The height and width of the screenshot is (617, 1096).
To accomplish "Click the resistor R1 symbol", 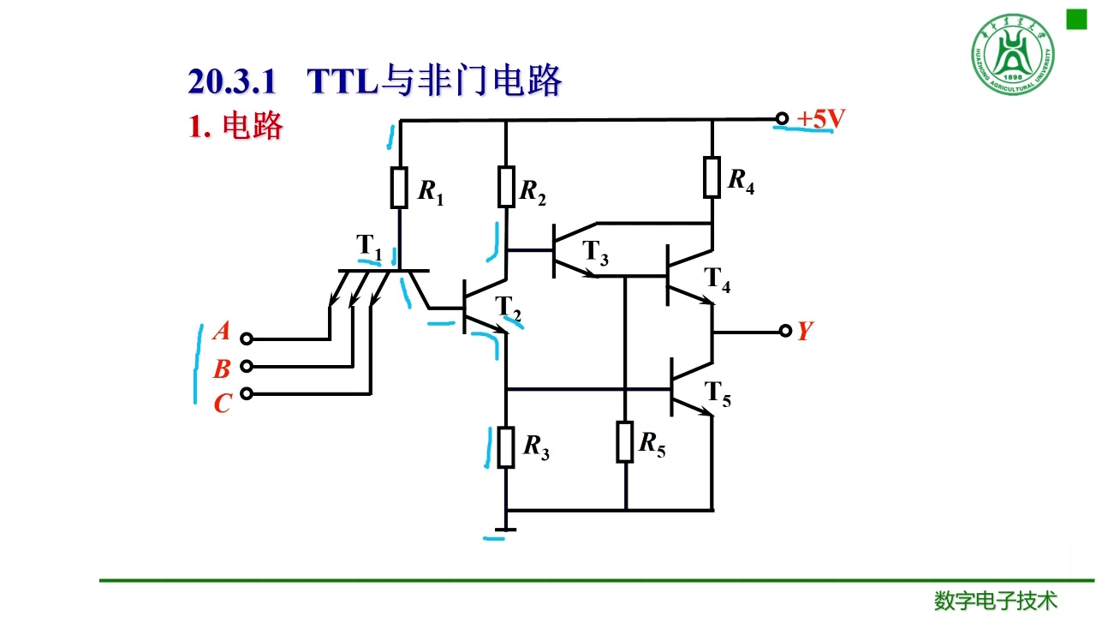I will coord(400,188).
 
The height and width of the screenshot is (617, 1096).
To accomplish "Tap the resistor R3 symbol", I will coord(506,446).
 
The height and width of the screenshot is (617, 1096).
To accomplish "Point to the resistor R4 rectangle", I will coord(712,177).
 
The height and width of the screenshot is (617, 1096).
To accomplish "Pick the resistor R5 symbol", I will coord(625,441).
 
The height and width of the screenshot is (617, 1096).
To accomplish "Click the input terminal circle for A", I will coord(247,338).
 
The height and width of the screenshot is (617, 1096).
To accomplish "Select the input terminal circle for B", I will coord(247,366).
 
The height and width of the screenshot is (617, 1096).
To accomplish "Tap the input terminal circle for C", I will coord(247,393).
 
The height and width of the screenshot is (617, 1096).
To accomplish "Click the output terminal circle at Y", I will coord(785,332).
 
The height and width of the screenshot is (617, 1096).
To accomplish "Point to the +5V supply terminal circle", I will coord(781,119).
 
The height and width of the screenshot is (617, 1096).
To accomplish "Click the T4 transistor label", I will coord(718,279).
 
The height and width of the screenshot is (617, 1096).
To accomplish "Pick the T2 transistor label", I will coord(509,307).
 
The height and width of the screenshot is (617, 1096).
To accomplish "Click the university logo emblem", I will coord(1012,56).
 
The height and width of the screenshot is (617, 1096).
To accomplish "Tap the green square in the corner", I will coord(1075,20).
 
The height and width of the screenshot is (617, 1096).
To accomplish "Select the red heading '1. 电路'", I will coord(235,127).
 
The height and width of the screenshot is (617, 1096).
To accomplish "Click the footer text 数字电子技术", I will coord(996,600).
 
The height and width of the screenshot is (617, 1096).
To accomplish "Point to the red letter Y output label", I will coord(804,332).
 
